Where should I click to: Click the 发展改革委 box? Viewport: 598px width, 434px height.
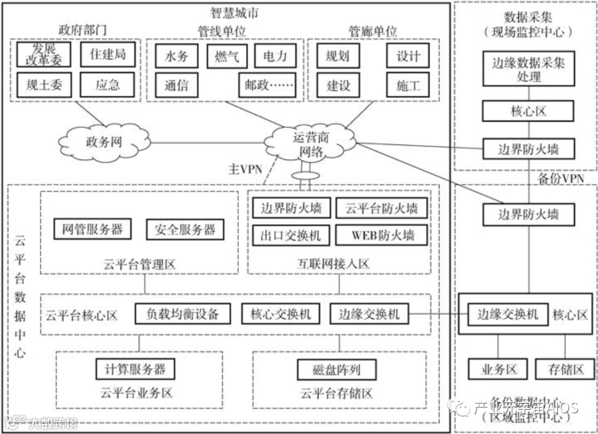pos(44,54)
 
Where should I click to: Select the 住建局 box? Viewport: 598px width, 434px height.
pos(107,54)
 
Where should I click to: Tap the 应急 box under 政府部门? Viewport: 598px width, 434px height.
pos(107,85)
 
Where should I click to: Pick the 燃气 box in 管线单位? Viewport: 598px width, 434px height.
pos(226,56)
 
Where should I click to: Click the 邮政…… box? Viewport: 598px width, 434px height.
pos(267,85)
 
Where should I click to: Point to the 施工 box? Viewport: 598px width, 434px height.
pos(408,85)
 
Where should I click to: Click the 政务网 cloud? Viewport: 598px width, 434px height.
pos(104,142)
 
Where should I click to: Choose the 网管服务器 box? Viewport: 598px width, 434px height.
pos(92,229)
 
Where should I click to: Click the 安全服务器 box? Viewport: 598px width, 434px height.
pos(185,229)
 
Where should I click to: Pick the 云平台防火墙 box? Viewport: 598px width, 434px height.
pos(382,209)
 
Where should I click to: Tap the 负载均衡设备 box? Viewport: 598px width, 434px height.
pos(182,314)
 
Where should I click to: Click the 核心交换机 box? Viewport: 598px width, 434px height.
pos(281,314)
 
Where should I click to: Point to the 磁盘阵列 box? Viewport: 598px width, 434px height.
pos(329,369)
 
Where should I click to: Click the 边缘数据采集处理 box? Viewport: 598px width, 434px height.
pos(528,69)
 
